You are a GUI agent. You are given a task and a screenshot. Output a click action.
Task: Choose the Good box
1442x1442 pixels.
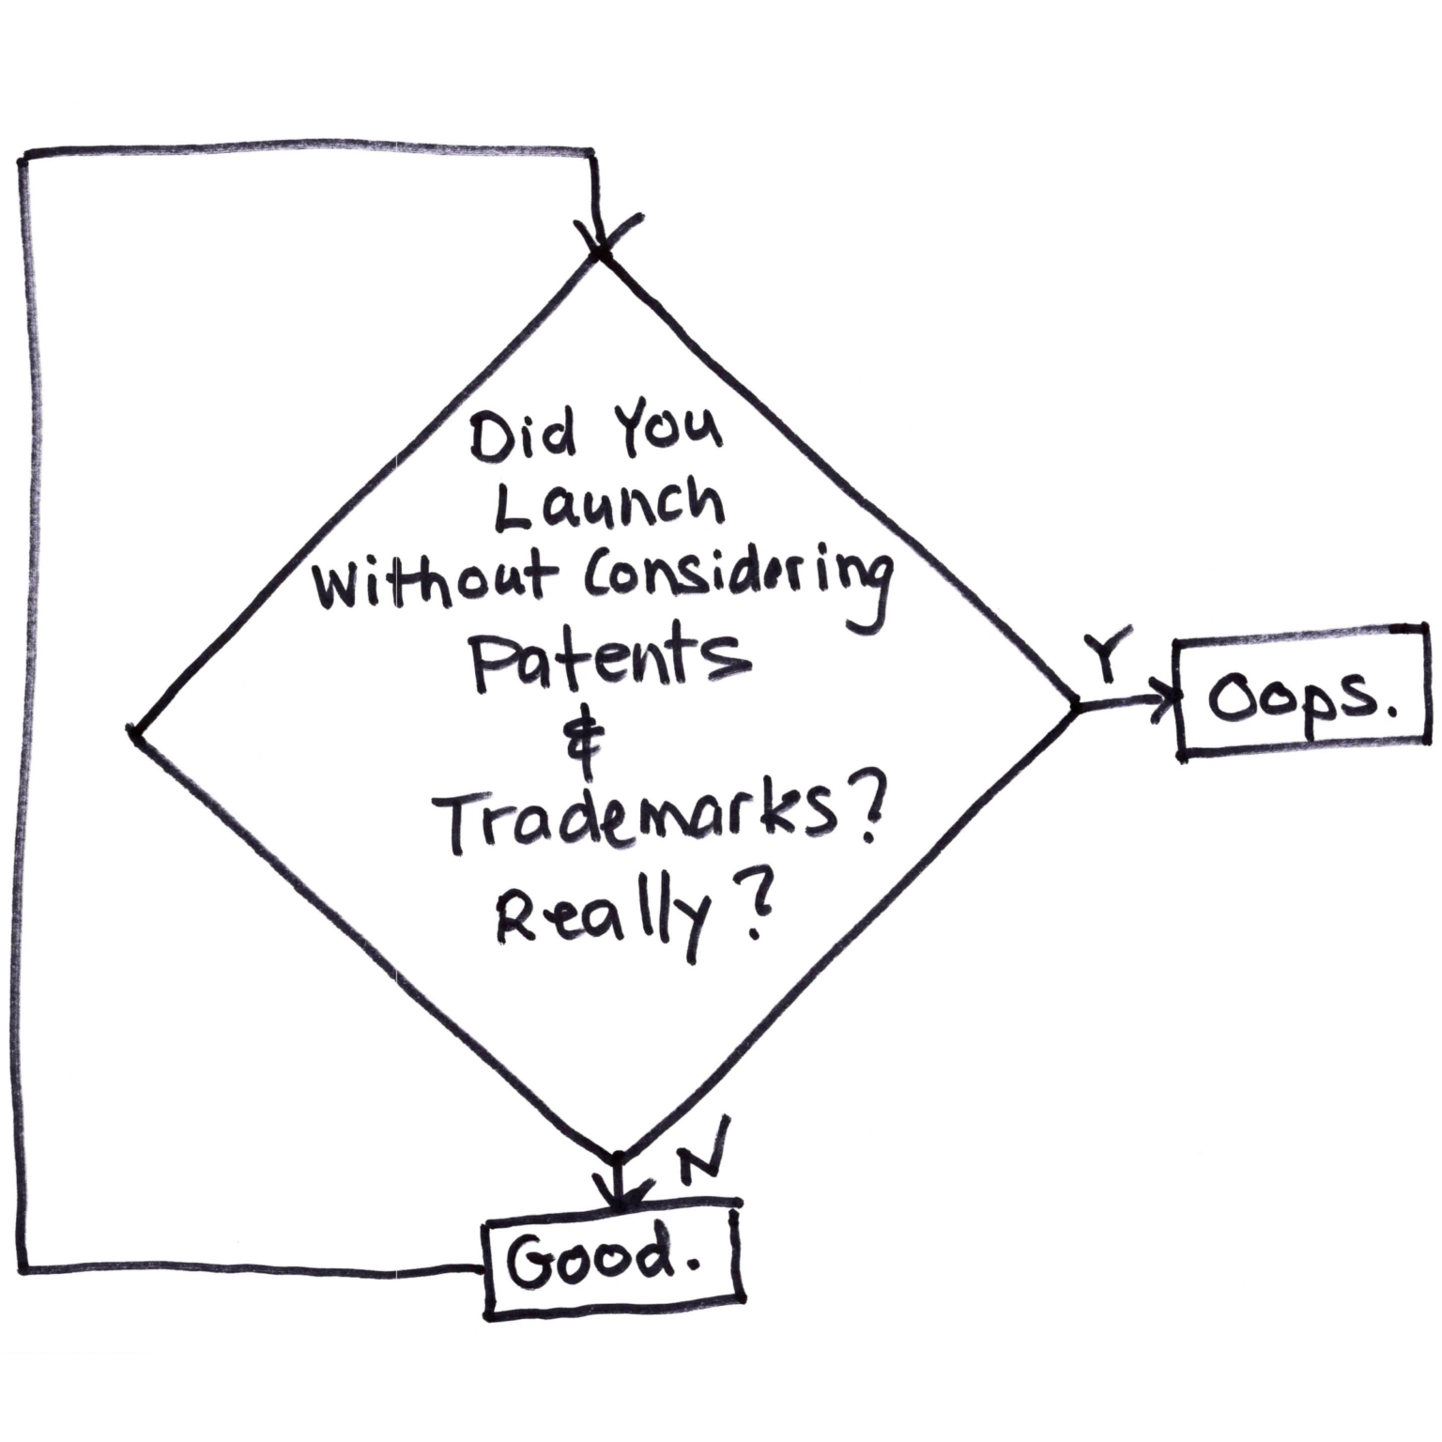point(611,1261)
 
